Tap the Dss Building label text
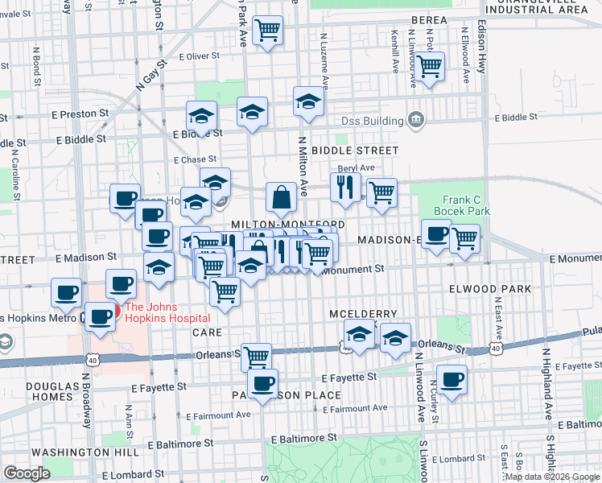[371, 122]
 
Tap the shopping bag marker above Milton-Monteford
[281, 196]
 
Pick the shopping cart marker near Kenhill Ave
[429, 66]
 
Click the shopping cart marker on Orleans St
[256, 357]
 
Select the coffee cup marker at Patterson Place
[262, 384]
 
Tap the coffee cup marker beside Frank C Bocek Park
[436, 233]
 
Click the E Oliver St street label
[200, 56]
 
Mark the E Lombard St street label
[134, 474]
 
